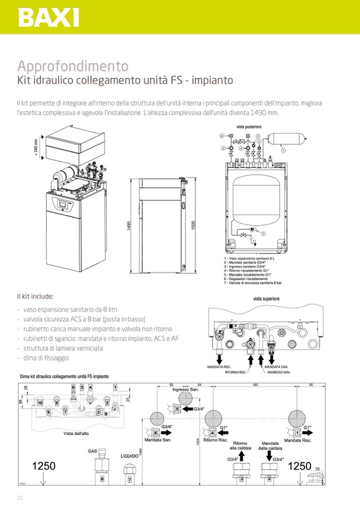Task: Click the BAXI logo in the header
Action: (x=48, y=18)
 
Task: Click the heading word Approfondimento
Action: (x=73, y=66)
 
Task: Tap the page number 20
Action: (x=20, y=497)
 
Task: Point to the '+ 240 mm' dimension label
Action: (x=36, y=146)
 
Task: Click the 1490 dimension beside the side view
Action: (x=129, y=225)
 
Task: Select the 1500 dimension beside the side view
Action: (x=193, y=225)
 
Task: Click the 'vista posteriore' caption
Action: (x=250, y=127)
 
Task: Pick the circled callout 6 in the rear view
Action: (x=221, y=136)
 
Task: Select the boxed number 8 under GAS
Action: (x=102, y=479)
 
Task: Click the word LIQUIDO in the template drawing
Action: (x=129, y=455)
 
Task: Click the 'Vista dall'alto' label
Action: (x=76, y=434)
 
